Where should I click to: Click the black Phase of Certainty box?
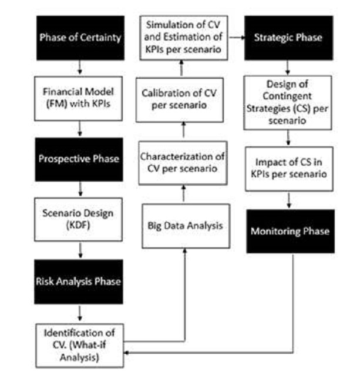[80, 38]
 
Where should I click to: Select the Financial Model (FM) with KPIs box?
[80, 98]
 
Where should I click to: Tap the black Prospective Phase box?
[80, 159]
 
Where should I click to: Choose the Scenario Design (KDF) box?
[80, 219]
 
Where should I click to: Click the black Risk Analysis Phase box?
[80, 281]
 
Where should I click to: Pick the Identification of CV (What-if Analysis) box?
[80, 344]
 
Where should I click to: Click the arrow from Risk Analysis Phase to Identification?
[80, 312]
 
